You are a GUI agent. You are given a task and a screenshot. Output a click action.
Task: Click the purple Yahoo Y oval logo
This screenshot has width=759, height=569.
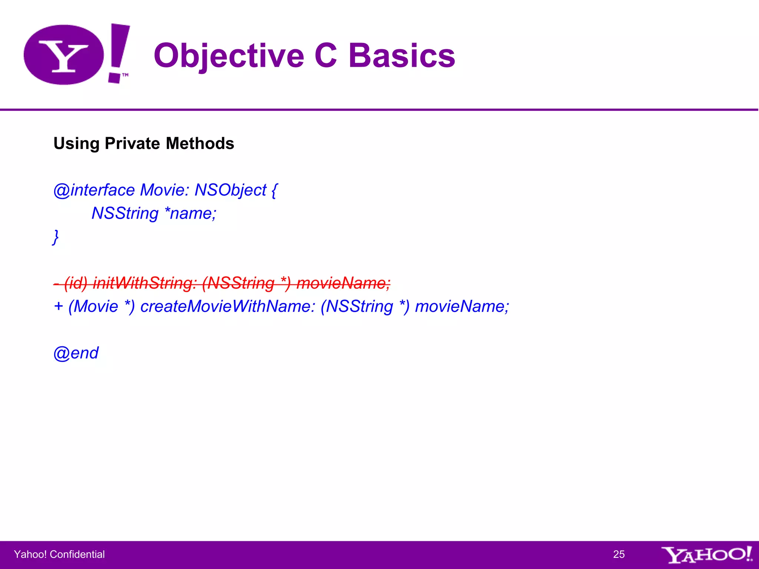click(64, 55)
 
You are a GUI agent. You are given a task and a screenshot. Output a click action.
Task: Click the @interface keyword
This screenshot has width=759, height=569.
click(94, 190)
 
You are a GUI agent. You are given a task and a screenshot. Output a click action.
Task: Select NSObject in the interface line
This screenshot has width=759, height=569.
click(231, 190)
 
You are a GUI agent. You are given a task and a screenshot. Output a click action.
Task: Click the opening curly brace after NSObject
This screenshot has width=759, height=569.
click(274, 190)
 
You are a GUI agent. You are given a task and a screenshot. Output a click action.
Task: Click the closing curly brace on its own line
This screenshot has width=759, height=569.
click(56, 237)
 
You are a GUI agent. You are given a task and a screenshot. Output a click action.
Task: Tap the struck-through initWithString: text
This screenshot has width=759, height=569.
click(145, 283)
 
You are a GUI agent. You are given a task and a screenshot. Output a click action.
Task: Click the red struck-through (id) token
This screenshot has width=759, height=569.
click(76, 283)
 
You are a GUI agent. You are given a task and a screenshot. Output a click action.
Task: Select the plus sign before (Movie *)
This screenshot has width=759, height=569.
click(58, 306)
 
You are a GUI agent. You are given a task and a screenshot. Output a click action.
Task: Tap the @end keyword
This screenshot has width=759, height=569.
click(76, 353)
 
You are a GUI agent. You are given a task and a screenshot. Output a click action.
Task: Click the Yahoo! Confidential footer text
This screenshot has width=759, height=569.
click(59, 554)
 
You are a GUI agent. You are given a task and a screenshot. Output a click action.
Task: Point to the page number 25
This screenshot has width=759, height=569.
click(619, 554)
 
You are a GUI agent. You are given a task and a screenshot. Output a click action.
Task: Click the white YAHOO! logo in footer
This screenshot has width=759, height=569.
click(706, 555)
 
